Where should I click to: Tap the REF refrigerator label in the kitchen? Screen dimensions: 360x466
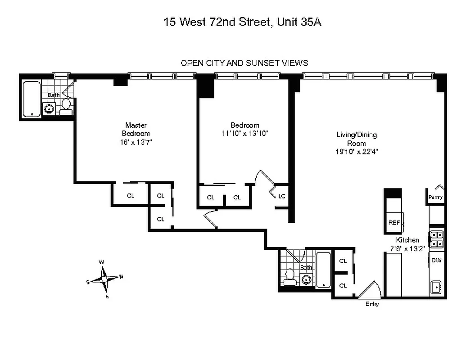[394, 223]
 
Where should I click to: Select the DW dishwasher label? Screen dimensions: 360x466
[436, 260]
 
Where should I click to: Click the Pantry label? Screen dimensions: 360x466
[435, 197]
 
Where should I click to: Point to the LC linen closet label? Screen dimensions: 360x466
[282, 196]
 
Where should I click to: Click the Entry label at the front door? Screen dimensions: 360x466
[372, 304]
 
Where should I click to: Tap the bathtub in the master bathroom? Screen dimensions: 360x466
[32, 99]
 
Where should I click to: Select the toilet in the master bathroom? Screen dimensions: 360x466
[66, 104]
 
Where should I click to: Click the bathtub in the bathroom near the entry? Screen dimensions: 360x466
[323, 270]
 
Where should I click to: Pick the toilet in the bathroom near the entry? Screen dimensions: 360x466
[290, 274]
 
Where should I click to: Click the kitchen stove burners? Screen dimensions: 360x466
[436, 239]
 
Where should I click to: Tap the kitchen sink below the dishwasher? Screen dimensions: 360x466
[436, 287]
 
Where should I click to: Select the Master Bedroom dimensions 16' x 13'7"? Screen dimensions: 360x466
[136, 142]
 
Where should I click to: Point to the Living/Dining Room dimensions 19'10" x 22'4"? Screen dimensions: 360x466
[357, 152]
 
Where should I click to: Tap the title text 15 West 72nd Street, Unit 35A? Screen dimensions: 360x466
[242, 22]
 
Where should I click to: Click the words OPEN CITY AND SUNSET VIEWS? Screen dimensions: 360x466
[244, 63]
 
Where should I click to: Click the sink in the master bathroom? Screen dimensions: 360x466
[49, 108]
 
